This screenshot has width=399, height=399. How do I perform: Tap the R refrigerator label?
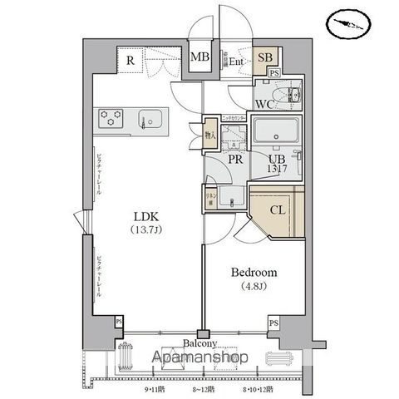131,60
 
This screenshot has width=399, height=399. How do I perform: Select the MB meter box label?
199,57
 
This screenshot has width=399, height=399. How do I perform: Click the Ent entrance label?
236,60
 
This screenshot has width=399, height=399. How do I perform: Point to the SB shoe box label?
266,57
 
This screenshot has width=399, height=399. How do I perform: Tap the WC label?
264,104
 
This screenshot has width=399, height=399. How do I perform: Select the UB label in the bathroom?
277,161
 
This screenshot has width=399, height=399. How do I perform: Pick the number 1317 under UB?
278,171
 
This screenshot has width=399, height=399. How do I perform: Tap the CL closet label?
278,210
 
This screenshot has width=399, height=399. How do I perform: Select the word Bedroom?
254,273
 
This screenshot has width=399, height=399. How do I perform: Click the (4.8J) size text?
254,289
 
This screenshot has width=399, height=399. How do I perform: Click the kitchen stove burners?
111,118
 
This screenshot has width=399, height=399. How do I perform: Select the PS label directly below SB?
274,73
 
